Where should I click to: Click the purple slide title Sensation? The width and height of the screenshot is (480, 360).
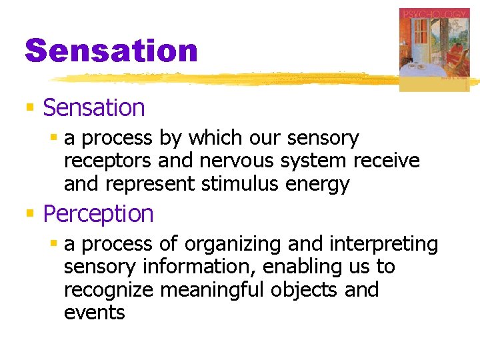(111, 51)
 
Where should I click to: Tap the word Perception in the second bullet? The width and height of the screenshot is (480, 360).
(98, 213)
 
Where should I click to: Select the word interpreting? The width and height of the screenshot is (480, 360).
(388, 244)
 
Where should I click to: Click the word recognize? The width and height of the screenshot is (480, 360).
(109, 290)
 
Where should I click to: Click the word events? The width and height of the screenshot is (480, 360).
(94, 313)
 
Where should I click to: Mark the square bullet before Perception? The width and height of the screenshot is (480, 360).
(29, 214)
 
